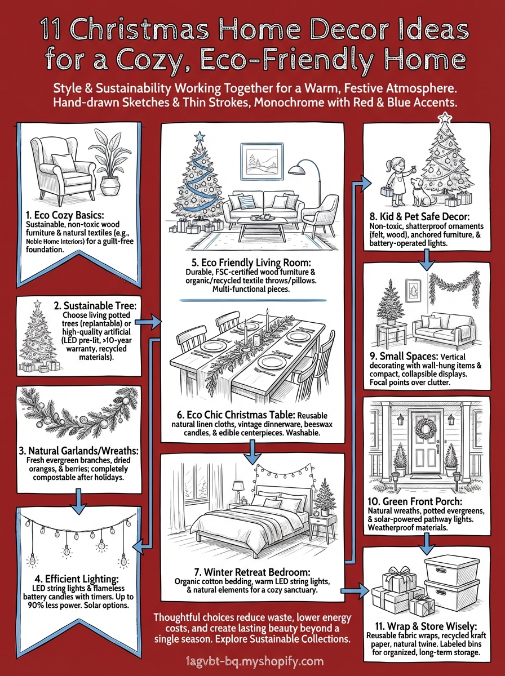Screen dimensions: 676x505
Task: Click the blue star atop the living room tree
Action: click(x=198, y=136)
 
